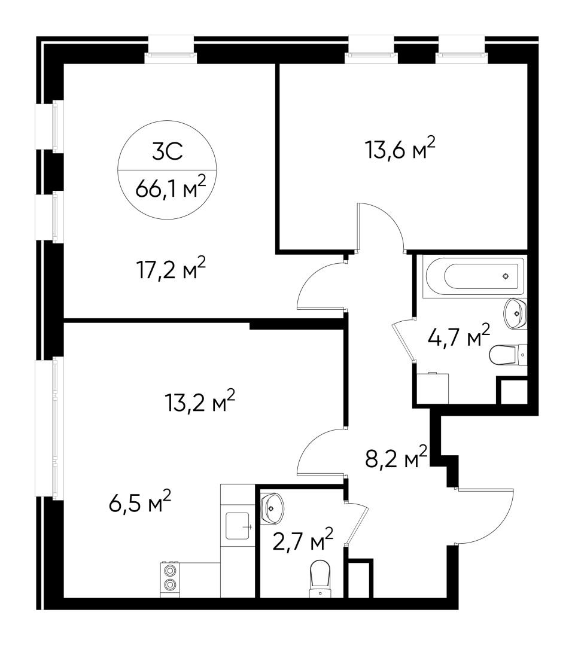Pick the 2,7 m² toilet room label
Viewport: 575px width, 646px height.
pos(305,542)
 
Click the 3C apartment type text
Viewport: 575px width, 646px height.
pos(166,153)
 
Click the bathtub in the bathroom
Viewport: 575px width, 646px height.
pos(473,276)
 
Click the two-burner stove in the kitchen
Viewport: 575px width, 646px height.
pos(171,578)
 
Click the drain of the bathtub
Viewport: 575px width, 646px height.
pos(506,276)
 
